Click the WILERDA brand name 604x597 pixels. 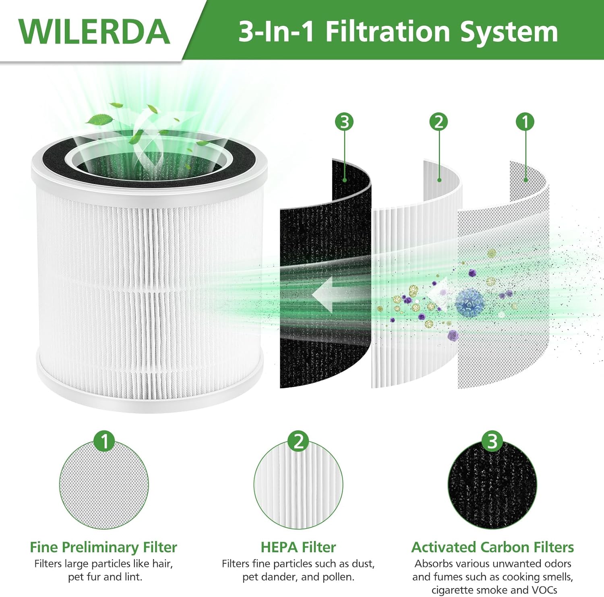94,31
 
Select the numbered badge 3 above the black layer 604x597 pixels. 344,122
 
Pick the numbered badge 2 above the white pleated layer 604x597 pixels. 439,122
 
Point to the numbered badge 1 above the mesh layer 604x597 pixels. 525,122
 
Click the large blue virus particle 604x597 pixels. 470,302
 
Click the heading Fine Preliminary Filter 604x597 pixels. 103,547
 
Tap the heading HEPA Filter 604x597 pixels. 298,547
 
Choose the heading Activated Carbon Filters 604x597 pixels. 492,547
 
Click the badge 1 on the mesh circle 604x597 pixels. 104,441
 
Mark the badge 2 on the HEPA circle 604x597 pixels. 298,441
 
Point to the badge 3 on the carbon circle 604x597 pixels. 492,441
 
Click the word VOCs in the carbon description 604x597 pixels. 542,590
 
